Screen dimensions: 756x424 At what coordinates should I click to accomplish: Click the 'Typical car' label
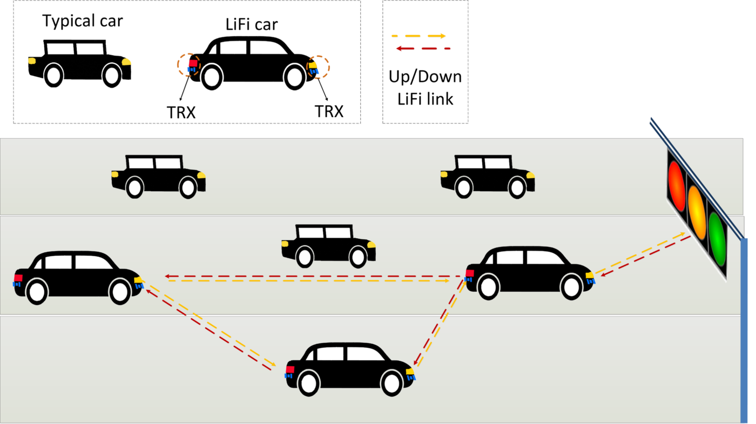pyautogui.click(x=82, y=21)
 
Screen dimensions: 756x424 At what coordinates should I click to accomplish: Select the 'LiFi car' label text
pyautogui.click(x=252, y=24)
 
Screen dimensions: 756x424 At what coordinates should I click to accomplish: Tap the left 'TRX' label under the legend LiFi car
pyautogui.click(x=181, y=112)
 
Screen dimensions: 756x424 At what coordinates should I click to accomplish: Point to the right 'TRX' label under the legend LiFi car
pyautogui.click(x=329, y=111)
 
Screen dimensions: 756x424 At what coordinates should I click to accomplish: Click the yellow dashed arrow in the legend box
pyautogui.click(x=418, y=36)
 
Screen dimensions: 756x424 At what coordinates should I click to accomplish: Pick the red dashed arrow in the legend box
pyautogui.click(x=423, y=49)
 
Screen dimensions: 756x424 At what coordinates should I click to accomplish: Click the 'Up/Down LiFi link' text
pyautogui.click(x=426, y=88)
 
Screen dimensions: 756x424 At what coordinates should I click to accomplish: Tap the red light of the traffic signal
pyautogui.click(x=677, y=186)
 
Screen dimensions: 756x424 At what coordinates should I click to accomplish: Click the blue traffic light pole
pyautogui.click(x=744, y=331)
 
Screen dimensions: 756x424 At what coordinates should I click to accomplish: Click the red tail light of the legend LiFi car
pyautogui.click(x=193, y=63)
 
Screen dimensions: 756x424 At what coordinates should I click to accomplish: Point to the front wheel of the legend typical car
pyautogui.click(x=112, y=76)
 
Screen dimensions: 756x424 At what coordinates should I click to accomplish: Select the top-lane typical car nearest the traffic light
pyautogui.click(x=488, y=177)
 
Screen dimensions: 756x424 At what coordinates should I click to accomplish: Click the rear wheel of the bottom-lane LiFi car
pyautogui.click(x=308, y=383)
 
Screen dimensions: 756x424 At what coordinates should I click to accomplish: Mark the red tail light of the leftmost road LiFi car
pyautogui.click(x=18, y=278)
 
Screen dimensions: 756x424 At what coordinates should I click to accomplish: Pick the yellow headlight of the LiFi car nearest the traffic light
pyautogui.click(x=590, y=275)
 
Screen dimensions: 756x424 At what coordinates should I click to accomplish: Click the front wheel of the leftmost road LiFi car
pyautogui.click(x=119, y=291)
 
